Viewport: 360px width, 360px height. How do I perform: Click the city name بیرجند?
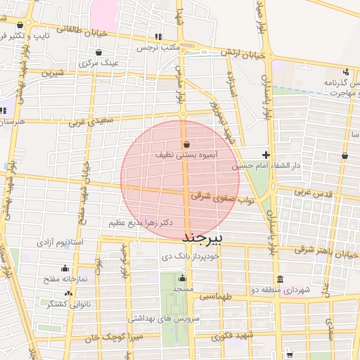[202, 238]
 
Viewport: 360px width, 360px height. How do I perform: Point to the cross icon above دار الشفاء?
[266, 155]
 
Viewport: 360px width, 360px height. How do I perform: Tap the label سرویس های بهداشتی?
[162, 318]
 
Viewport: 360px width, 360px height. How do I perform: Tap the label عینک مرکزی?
[98, 63]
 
